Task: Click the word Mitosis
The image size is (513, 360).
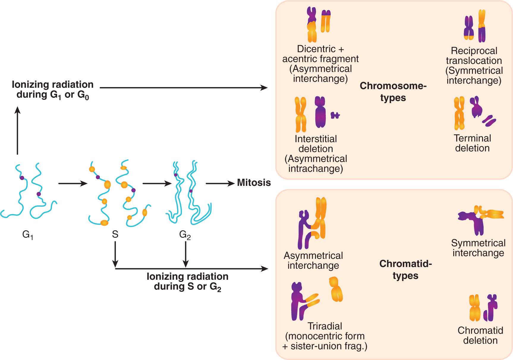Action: coord(254,183)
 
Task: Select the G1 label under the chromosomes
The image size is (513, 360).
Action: coord(28,235)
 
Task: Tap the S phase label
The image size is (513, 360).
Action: coord(115,234)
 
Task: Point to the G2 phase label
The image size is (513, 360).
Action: coord(185,235)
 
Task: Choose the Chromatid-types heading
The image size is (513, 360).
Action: coord(405,270)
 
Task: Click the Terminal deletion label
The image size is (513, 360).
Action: coord(472,143)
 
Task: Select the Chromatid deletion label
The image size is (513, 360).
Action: coord(480,335)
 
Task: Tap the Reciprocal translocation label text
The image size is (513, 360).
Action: coord(474,56)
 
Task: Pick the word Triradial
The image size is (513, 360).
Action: coord(325,326)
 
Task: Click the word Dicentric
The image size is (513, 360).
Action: coord(316,49)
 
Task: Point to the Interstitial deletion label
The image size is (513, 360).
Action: coord(316,144)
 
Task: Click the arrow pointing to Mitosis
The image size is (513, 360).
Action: coord(220,183)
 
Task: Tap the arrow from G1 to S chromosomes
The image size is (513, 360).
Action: coord(73,183)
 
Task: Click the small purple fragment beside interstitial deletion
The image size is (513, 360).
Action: coord(335,115)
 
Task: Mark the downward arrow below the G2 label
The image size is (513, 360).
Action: coord(186,254)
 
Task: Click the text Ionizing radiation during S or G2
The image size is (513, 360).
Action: coord(188,282)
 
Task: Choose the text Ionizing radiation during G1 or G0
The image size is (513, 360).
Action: coord(53,89)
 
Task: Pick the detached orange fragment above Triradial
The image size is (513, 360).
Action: coord(336,289)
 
